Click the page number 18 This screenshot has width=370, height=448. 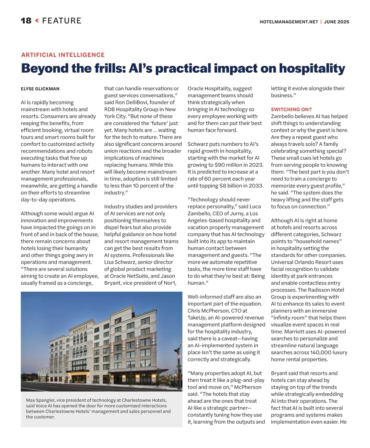26,21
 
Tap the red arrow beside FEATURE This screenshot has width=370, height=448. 37,21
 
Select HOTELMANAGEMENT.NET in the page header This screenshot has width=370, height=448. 289,22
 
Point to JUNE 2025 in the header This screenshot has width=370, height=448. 336,22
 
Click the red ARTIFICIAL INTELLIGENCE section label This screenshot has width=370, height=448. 63,55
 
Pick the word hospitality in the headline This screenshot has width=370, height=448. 312,68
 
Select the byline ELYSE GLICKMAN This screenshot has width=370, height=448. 40,89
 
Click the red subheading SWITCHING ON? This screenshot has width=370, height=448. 291,109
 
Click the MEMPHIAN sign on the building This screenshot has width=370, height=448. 80,329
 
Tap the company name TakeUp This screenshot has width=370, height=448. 197,318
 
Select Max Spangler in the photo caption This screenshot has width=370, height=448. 40,400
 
